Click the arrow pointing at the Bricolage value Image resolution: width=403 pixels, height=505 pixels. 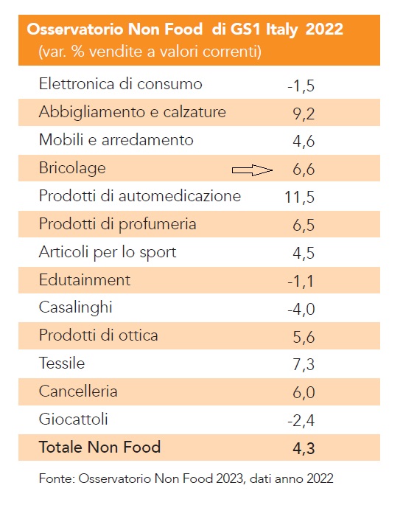[x=253, y=170]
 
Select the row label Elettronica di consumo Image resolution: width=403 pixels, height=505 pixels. [x=120, y=84]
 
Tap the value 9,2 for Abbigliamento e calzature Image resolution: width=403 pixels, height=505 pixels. [x=304, y=114]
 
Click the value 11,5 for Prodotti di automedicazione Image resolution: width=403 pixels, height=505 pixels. [x=299, y=197]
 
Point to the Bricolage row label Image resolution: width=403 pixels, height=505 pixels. [x=72, y=168]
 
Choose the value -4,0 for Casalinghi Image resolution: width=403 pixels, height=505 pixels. [x=301, y=309]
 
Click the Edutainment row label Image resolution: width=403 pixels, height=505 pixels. [x=84, y=279]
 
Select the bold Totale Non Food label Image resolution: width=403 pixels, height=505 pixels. [x=99, y=447]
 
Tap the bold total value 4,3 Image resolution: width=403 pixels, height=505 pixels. [x=304, y=448]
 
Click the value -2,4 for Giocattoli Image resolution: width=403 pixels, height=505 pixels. [x=301, y=420]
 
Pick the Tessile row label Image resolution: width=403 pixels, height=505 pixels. [x=62, y=363]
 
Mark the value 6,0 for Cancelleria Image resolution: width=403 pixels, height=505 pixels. [x=304, y=392]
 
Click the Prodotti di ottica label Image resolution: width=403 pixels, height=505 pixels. [x=98, y=335]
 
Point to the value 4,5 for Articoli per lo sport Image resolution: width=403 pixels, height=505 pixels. [x=304, y=253]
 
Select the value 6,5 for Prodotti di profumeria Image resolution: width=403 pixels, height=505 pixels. [x=304, y=225]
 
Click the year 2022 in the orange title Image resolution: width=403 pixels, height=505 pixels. [x=324, y=29]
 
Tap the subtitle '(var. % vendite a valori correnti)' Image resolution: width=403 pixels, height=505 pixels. [x=150, y=52]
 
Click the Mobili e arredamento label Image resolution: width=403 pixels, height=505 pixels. [x=116, y=140]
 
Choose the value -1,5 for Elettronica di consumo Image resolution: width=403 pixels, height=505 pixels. [x=301, y=86]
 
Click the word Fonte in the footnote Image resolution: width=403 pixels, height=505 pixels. [x=57, y=478]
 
